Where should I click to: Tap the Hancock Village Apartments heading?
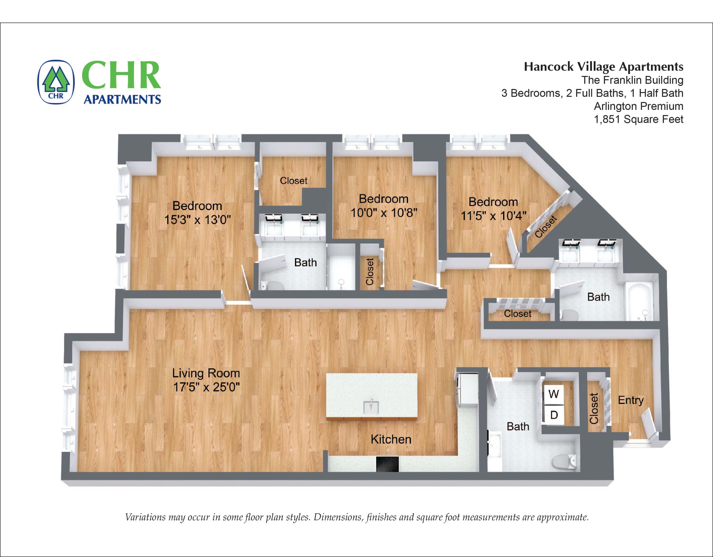tap(603, 67)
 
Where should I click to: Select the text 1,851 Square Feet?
tap(638, 119)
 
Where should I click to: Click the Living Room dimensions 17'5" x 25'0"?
tap(206, 387)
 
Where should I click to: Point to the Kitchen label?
tap(391, 439)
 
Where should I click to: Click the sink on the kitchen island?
tap(371, 407)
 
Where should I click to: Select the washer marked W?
tap(554, 394)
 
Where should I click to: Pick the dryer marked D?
tap(554, 415)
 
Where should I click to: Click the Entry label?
tap(630, 400)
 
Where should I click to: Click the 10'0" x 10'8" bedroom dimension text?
tap(384, 213)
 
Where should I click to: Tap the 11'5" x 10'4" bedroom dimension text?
tap(493, 216)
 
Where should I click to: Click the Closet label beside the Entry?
tap(594, 408)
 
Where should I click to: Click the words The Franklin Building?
tap(632, 80)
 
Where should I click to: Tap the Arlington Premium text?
tap(638, 106)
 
